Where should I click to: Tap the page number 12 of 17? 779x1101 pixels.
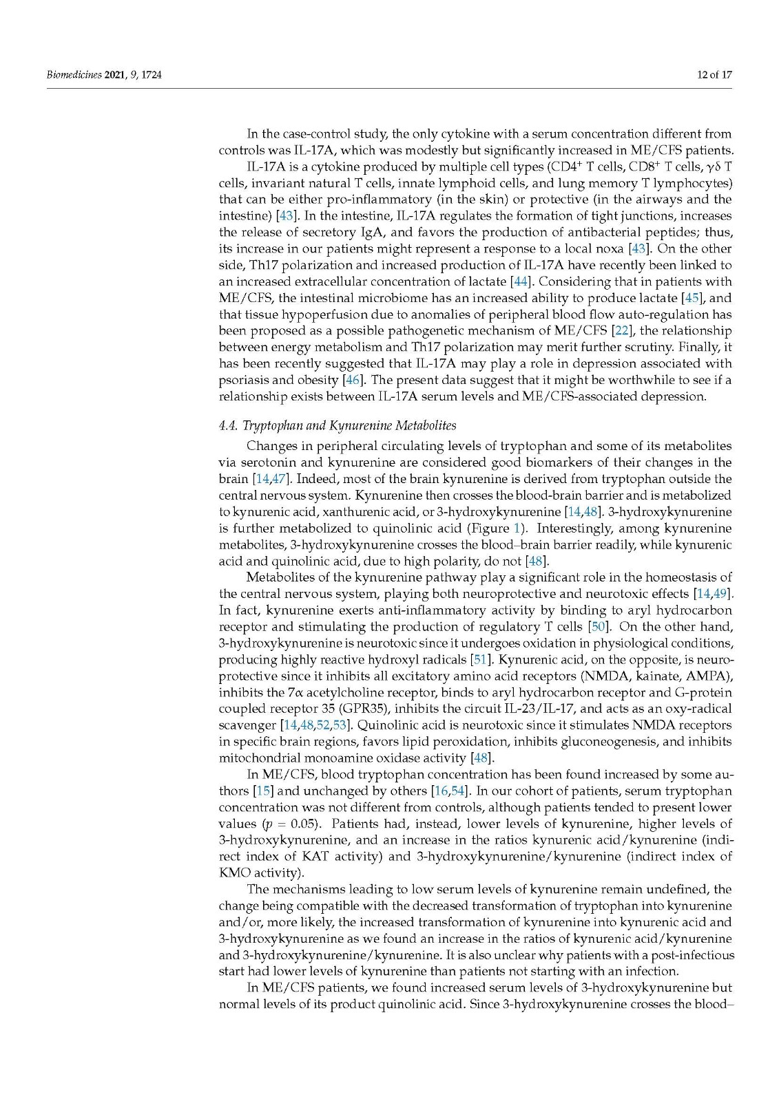[714, 74]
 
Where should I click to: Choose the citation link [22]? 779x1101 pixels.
[621, 331]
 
